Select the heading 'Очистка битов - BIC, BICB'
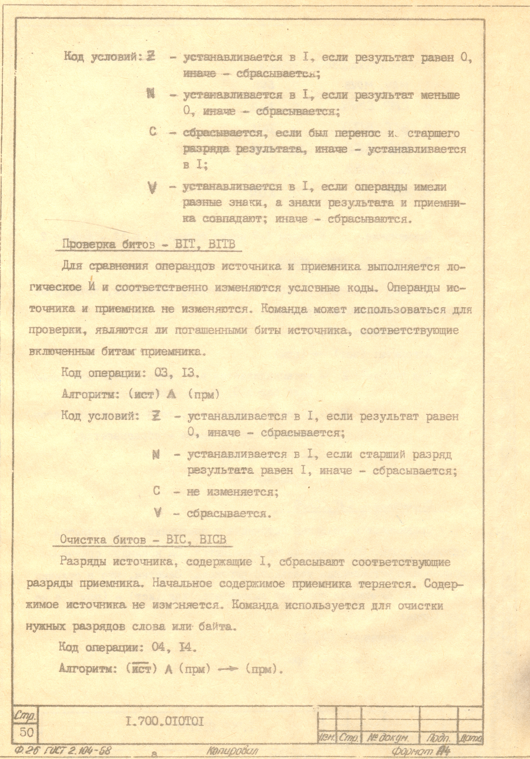tap(143, 539)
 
